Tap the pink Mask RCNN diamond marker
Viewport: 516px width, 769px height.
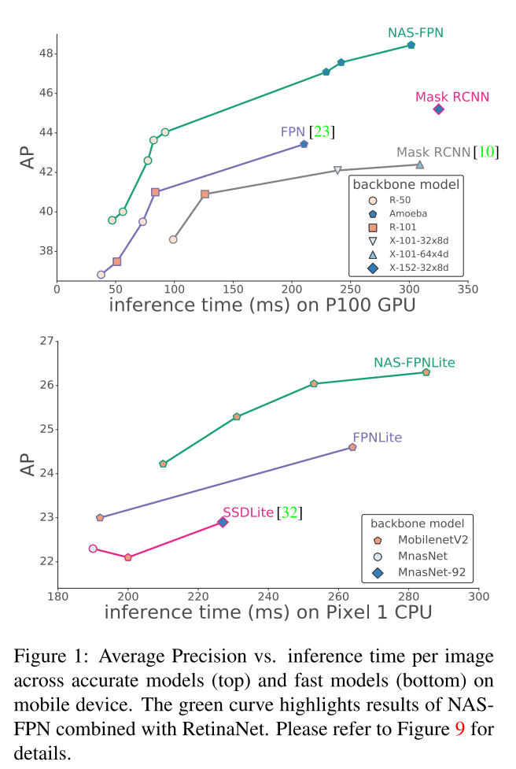click(439, 109)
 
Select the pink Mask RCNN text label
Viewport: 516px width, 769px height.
click(452, 96)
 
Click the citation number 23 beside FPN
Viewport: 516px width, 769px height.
click(322, 131)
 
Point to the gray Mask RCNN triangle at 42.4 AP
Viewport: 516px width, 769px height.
click(420, 165)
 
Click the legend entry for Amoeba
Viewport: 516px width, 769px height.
click(396, 213)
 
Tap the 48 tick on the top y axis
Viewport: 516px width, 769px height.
click(45, 54)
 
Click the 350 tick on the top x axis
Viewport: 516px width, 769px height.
click(468, 290)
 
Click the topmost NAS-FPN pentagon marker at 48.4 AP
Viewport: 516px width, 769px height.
click(411, 45)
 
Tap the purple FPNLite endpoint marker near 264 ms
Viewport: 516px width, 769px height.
click(352, 447)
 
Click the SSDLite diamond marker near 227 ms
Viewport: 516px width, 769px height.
click(223, 522)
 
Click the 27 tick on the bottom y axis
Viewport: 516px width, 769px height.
click(45, 341)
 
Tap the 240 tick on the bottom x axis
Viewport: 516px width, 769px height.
click(268, 596)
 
